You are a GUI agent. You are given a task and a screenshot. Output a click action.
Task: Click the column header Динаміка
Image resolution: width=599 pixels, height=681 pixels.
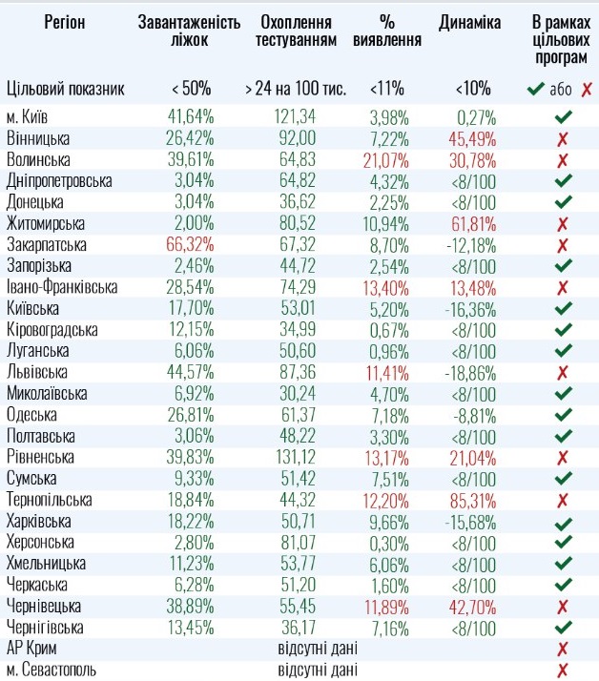tap(469, 22)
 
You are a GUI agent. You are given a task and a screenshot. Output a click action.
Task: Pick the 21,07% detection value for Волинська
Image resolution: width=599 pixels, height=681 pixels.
tap(388, 159)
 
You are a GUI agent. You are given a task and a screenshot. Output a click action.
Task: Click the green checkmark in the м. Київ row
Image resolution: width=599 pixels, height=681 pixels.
tap(562, 117)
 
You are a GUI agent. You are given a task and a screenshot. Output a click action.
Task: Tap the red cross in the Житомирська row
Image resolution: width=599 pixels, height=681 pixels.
tap(562, 223)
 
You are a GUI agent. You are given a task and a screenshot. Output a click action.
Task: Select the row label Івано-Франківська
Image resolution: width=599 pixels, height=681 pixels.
tap(62, 287)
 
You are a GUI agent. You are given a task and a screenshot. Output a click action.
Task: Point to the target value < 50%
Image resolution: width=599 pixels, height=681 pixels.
tap(192, 89)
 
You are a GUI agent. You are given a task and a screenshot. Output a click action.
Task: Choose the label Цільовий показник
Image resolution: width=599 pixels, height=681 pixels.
tap(66, 89)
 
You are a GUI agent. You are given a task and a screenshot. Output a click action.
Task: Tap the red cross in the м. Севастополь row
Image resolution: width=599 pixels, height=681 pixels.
tap(562, 670)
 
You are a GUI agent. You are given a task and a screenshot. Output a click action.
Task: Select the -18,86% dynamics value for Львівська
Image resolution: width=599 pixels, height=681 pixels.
tap(469, 372)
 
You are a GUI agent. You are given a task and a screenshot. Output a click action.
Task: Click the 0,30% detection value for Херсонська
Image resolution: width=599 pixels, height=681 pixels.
tap(388, 542)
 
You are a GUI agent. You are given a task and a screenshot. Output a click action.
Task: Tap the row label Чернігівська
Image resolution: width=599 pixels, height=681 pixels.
tap(45, 627)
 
